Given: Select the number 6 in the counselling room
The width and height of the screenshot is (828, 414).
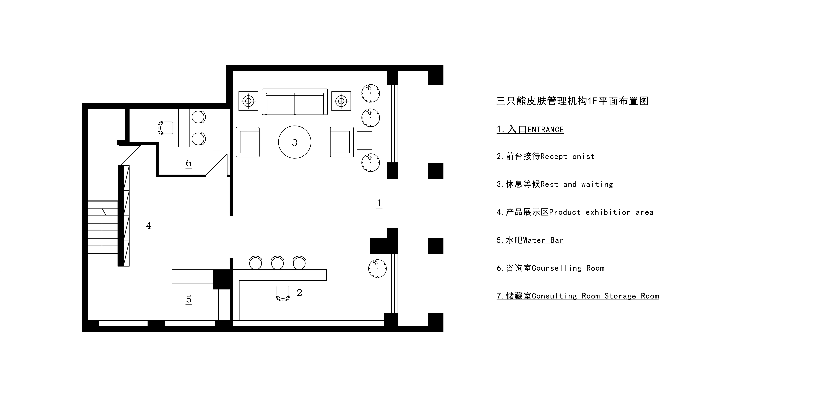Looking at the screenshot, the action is (x=189, y=163).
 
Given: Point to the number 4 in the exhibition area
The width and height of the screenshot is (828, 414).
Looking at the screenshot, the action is (x=149, y=226).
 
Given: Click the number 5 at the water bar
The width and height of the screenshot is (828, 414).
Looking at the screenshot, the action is (x=189, y=299).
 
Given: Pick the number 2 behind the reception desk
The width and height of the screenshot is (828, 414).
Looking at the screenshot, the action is (x=299, y=293).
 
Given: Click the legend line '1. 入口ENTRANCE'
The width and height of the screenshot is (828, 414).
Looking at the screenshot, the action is (x=530, y=130).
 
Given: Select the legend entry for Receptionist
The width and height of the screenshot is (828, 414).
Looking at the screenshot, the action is (x=545, y=157).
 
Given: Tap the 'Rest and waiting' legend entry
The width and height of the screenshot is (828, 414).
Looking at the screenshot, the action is (x=555, y=184).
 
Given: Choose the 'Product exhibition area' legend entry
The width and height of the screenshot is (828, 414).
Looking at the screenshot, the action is (x=575, y=212).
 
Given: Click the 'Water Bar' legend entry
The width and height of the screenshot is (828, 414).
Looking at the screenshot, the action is (x=530, y=240).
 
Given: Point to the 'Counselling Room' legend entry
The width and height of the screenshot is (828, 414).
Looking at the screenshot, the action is (x=550, y=268).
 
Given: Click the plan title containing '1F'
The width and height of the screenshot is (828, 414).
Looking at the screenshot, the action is (x=572, y=101).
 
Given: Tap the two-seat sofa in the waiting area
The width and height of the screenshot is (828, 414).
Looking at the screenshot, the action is (x=295, y=102).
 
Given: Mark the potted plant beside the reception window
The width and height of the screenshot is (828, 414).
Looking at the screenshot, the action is (x=377, y=268).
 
